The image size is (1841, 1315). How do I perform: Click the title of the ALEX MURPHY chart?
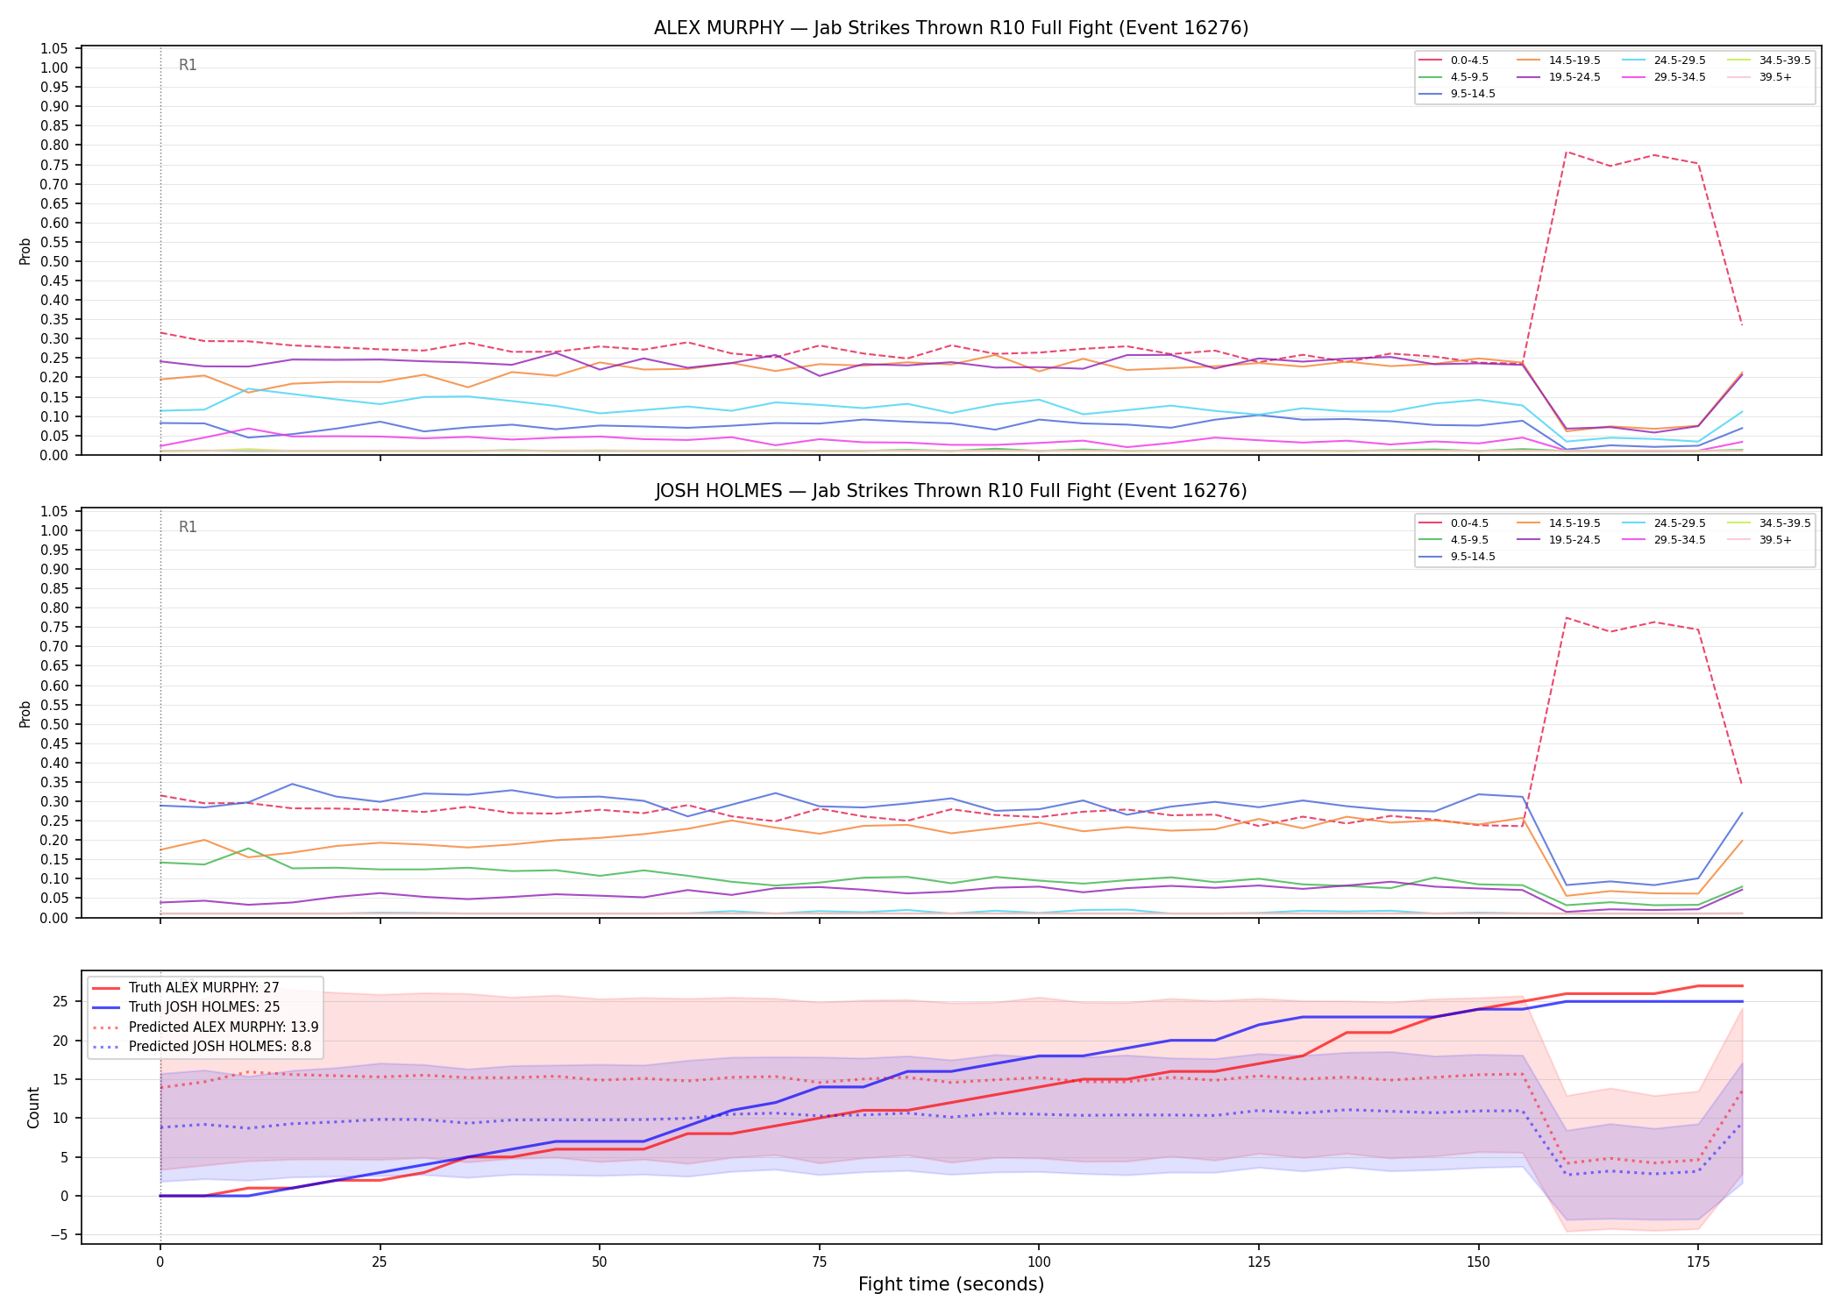coord(951,28)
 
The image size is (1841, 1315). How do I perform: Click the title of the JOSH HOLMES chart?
coord(951,491)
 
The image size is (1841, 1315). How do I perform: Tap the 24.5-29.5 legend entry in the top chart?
coord(1664,60)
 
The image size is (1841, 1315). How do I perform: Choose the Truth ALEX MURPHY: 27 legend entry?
coord(185,988)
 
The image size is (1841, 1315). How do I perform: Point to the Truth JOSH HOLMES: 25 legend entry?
coord(185,1007)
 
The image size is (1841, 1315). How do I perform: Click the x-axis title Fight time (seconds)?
coord(951,1284)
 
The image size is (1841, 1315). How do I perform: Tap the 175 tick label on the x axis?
coord(1698,1262)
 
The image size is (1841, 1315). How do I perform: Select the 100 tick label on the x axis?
coord(1038,1262)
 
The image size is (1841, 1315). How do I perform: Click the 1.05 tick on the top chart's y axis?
coord(54,48)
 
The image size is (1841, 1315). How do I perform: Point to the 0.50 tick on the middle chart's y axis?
coord(54,724)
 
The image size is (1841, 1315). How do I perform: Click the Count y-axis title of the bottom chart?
coord(34,1107)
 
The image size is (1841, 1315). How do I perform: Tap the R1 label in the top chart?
coord(188,65)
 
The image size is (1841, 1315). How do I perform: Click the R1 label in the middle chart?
coord(188,527)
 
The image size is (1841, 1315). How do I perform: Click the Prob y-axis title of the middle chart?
coord(25,714)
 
